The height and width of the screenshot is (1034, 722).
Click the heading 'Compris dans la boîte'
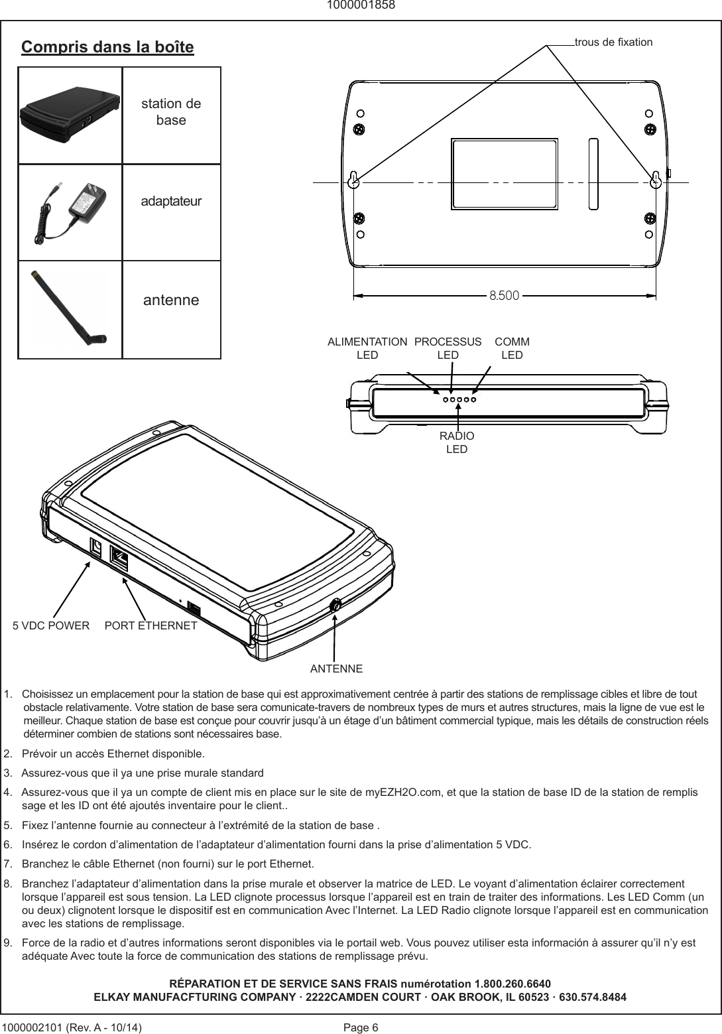(x=107, y=47)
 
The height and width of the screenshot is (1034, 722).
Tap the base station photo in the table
(x=70, y=115)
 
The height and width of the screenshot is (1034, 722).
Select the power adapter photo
(x=70, y=211)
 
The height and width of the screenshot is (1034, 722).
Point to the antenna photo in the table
(x=70, y=309)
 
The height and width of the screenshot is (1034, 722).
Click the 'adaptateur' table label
(x=171, y=201)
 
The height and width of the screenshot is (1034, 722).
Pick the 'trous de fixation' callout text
(x=613, y=42)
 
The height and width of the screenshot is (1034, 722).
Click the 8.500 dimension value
(x=504, y=294)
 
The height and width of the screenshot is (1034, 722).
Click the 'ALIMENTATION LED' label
(x=367, y=348)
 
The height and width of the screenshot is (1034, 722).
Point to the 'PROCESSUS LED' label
(x=448, y=348)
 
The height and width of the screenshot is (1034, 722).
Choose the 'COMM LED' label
(x=512, y=348)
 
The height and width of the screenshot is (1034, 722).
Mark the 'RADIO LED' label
(x=457, y=442)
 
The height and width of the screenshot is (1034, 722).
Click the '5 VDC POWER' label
(x=52, y=625)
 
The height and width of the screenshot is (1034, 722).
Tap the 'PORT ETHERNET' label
(x=151, y=625)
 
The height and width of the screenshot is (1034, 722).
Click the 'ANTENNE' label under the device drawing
(x=336, y=668)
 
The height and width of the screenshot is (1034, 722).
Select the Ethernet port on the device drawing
(x=120, y=558)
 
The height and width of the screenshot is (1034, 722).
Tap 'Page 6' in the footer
(x=361, y=1027)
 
